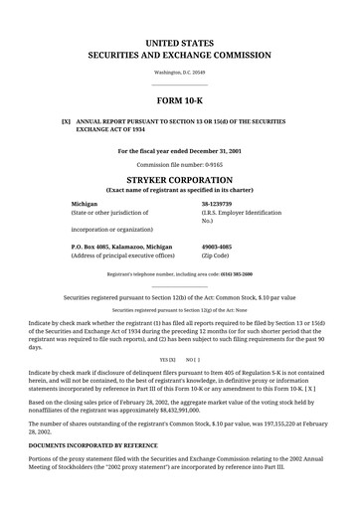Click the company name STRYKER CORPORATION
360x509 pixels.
[x=179, y=182]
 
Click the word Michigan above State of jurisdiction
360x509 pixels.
[x=86, y=203]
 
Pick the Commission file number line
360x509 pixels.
[x=179, y=164]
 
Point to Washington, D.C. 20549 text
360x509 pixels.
[x=179, y=73]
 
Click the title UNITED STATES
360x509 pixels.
[x=179, y=45]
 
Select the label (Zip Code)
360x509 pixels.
[x=220, y=255]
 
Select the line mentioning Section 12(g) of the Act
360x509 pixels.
[x=179, y=311]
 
